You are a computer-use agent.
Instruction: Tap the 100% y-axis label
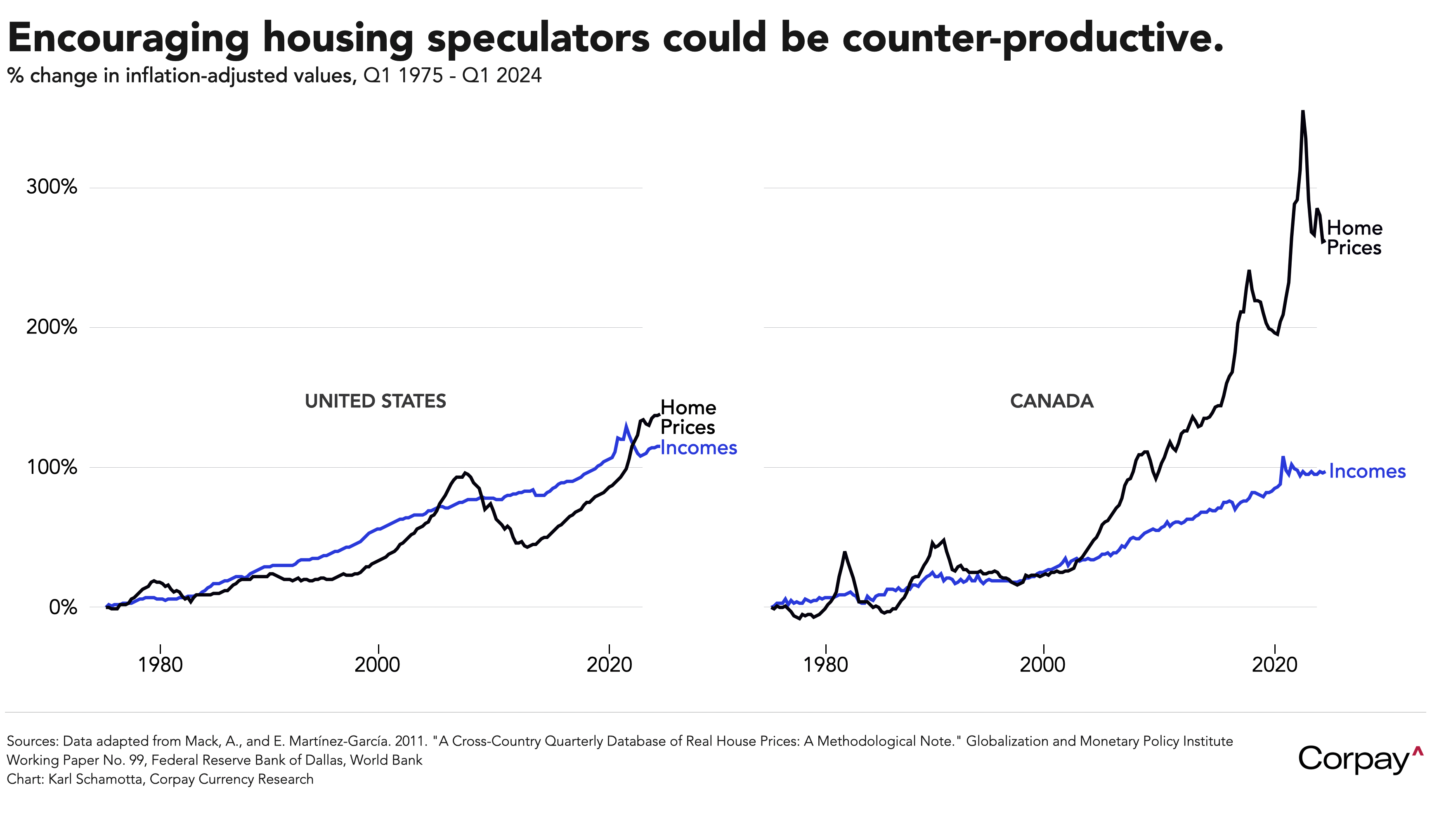(x=52, y=467)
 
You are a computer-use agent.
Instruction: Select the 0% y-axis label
(x=63, y=607)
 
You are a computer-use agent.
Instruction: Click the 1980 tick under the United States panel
(x=161, y=665)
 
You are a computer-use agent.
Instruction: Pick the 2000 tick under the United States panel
(x=378, y=665)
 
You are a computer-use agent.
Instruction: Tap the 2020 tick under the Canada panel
(x=1274, y=665)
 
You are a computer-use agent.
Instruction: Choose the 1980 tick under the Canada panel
(x=825, y=665)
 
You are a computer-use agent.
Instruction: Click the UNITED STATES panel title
(x=375, y=401)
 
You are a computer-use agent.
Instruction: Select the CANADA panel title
(x=1052, y=401)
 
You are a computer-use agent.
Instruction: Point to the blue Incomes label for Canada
(x=1367, y=471)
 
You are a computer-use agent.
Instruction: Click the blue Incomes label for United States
(x=698, y=448)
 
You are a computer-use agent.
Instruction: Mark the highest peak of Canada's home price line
(x=1303, y=112)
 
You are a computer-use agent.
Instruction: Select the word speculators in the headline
(x=538, y=38)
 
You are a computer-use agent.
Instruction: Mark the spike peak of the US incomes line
(x=626, y=425)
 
